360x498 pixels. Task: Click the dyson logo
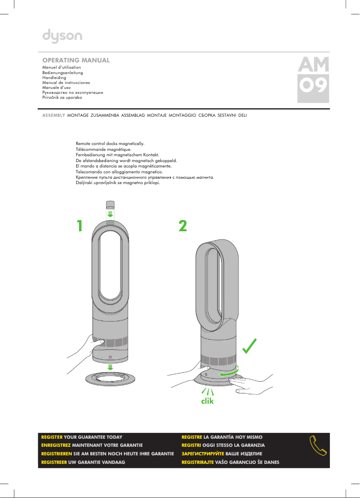pos(62,35)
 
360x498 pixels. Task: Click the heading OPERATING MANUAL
pos(76,60)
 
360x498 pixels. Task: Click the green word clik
pos(207,401)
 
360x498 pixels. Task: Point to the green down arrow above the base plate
pos(110,367)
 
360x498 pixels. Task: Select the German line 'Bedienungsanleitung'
pos(62,72)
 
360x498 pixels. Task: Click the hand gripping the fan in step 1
pos(88,348)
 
